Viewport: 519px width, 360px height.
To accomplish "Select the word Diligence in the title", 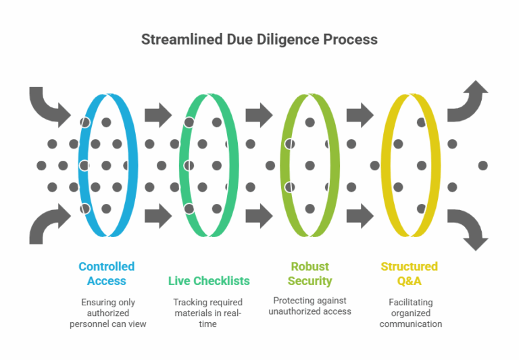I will click(x=287, y=39).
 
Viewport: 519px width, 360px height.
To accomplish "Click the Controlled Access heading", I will click(x=106, y=274).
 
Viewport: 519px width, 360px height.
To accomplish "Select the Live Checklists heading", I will click(x=209, y=280).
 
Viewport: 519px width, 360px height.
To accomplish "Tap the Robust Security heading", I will click(x=309, y=274).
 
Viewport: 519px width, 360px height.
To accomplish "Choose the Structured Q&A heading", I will click(x=410, y=274).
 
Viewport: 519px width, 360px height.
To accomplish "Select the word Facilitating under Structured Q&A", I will click(x=410, y=302).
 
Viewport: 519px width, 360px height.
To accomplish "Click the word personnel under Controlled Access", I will click(x=92, y=324).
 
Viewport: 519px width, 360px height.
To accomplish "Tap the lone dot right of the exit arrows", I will click(x=483, y=165).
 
